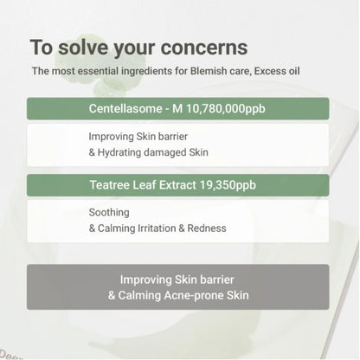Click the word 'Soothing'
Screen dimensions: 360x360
(109, 212)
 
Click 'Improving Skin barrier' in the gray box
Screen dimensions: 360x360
(178, 280)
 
